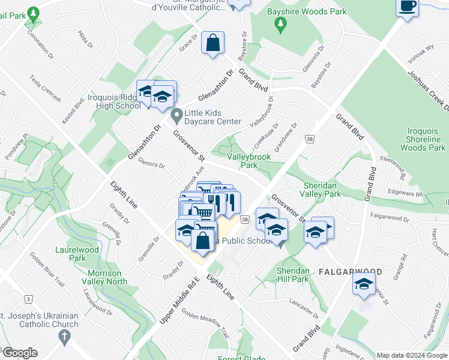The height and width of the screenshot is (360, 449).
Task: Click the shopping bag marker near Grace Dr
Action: [x=212, y=43]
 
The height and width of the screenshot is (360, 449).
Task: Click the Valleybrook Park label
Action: [x=249, y=161]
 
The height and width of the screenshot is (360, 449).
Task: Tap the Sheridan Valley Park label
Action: [x=322, y=190]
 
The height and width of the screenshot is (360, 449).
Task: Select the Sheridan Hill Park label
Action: [x=292, y=275]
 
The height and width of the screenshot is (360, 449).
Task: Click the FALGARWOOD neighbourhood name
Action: [x=349, y=272]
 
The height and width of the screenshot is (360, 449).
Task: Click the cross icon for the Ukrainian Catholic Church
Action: [x=64, y=338]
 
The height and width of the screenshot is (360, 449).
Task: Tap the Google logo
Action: [x=20, y=353]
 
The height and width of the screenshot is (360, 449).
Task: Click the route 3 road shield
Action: [x=28, y=298]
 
